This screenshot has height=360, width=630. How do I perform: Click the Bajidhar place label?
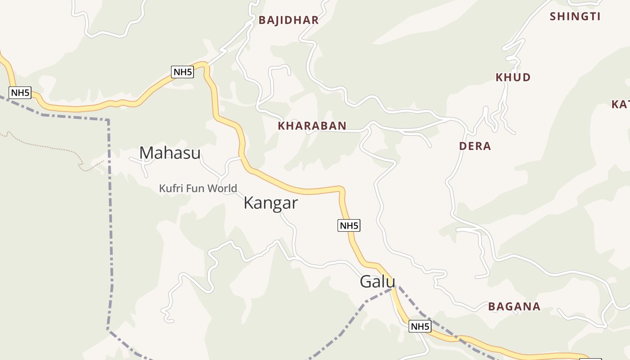pyautogui.click(x=288, y=20)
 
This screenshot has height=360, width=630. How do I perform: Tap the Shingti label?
pyautogui.click(x=575, y=17)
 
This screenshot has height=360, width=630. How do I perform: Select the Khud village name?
pyautogui.click(x=513, y=77)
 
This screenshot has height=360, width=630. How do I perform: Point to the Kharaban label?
pyautogui.click(x=312, y=126)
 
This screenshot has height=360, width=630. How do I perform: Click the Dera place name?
pyautogui.click(x=475, y=146)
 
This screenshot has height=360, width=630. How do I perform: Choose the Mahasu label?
pyautogui.click(x=170, y=153)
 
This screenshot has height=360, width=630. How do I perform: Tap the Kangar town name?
pyautogui.click(x=270, y=203)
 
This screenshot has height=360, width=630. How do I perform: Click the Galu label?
pyautogui.click(x=377, y=282)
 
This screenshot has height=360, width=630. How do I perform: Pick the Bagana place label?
pyautogui.click(x=514, y=307)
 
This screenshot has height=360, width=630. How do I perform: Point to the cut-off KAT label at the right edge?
pyautogui.click(x=621, y=104)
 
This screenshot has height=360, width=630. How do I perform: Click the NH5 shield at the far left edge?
pyautogui.click(x=20, y=93)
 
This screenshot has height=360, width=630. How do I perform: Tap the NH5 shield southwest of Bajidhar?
pyautogui.click(x=182, y=72)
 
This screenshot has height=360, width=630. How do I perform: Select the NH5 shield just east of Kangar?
pyautogui.click(x=349, y=226)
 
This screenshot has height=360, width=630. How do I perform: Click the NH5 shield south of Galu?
pyautogui.click(x=420, y=327)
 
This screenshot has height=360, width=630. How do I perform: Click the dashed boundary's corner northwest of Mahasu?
pyautogui.click(x=108, y=120)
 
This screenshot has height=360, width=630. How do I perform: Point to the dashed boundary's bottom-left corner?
pyautogui.click(x=108, y=330)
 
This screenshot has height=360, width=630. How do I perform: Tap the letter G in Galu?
pyautogui.click(x=365, y=282)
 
